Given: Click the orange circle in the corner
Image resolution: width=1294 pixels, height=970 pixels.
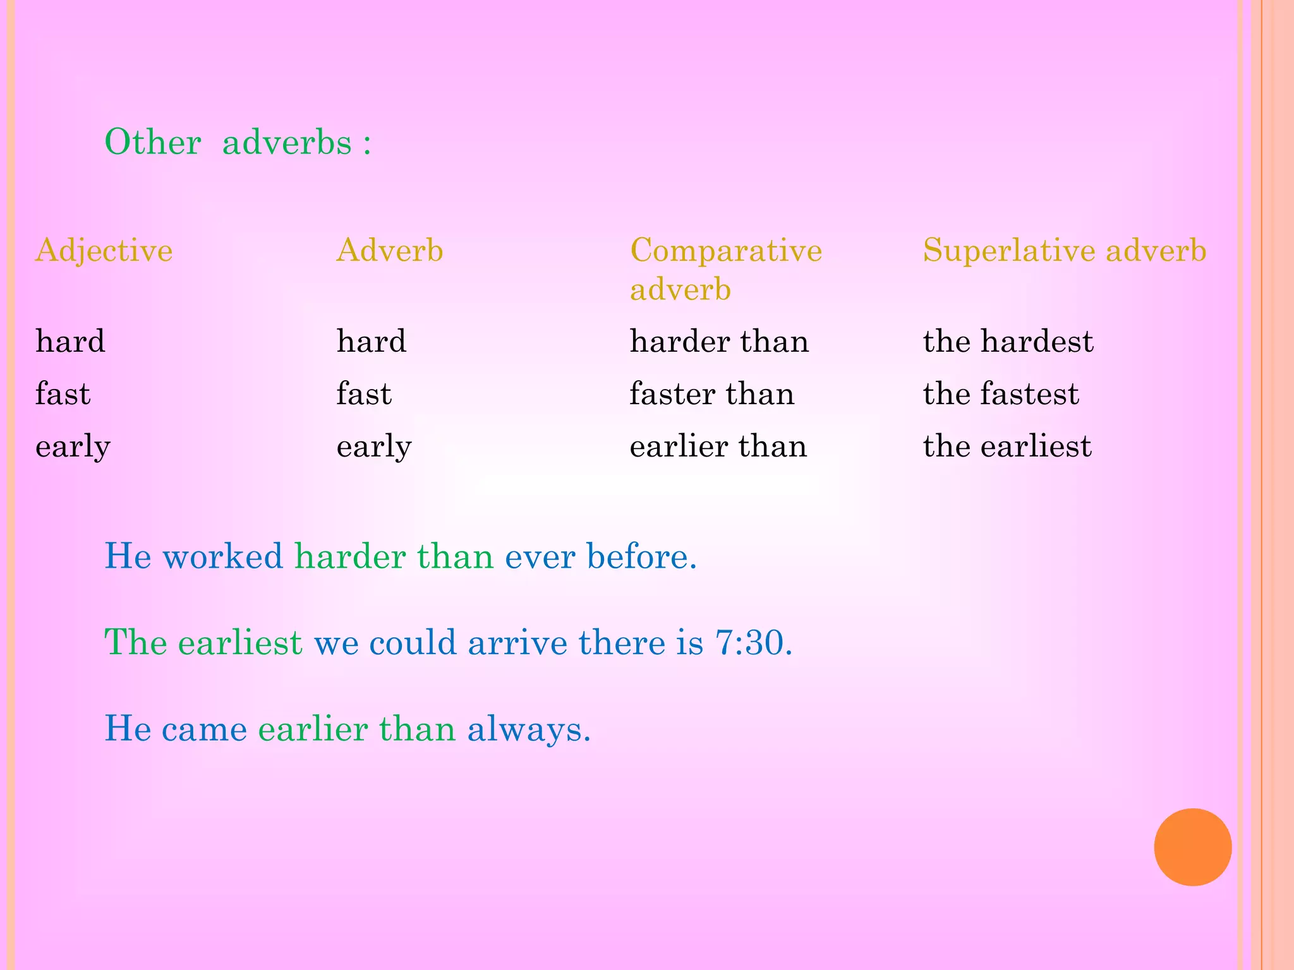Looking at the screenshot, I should [x=1192, y=847].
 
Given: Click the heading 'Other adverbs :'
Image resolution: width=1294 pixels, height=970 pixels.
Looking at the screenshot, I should [x=238, y=142].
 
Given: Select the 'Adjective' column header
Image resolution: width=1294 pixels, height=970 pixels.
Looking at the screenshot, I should [x=104, y=251].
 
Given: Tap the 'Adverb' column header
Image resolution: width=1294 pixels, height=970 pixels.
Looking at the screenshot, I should [x=390, y=251].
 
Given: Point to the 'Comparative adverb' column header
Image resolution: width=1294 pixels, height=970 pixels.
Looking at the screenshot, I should [x=726, y=269].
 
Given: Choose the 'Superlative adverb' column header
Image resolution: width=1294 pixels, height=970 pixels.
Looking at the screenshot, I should [x=1065, y=251].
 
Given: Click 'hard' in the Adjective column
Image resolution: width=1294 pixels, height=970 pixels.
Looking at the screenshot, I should [x=70, y=342].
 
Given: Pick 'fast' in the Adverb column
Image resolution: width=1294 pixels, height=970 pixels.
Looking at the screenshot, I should [x=364, y=394].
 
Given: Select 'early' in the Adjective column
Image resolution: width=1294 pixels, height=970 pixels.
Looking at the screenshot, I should [x=73, y=447].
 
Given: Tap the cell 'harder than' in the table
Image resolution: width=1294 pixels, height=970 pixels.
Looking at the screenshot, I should [x=719, y=342].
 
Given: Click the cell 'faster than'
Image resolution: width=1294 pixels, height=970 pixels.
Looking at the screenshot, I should [x=712, y=394].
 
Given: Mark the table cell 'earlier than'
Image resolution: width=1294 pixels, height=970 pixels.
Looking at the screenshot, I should [x=718, y=446].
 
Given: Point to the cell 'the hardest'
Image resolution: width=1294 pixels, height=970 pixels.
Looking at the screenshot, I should [x=1008, y=342].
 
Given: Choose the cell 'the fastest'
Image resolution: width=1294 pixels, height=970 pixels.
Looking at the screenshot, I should [x=1001, y=394].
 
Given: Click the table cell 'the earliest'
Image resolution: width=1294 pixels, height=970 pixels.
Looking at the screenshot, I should [x=1007, y=446].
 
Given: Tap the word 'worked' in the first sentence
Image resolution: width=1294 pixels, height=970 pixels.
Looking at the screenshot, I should [x=223, y=557].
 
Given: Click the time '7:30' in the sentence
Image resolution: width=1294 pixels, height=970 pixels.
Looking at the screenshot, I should [x=753, y=643].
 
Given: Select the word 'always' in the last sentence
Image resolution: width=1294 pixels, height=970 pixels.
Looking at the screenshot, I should [x=529, y=729].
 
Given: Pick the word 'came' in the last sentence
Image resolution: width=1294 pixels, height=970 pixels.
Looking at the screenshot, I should [x=204, y=729].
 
